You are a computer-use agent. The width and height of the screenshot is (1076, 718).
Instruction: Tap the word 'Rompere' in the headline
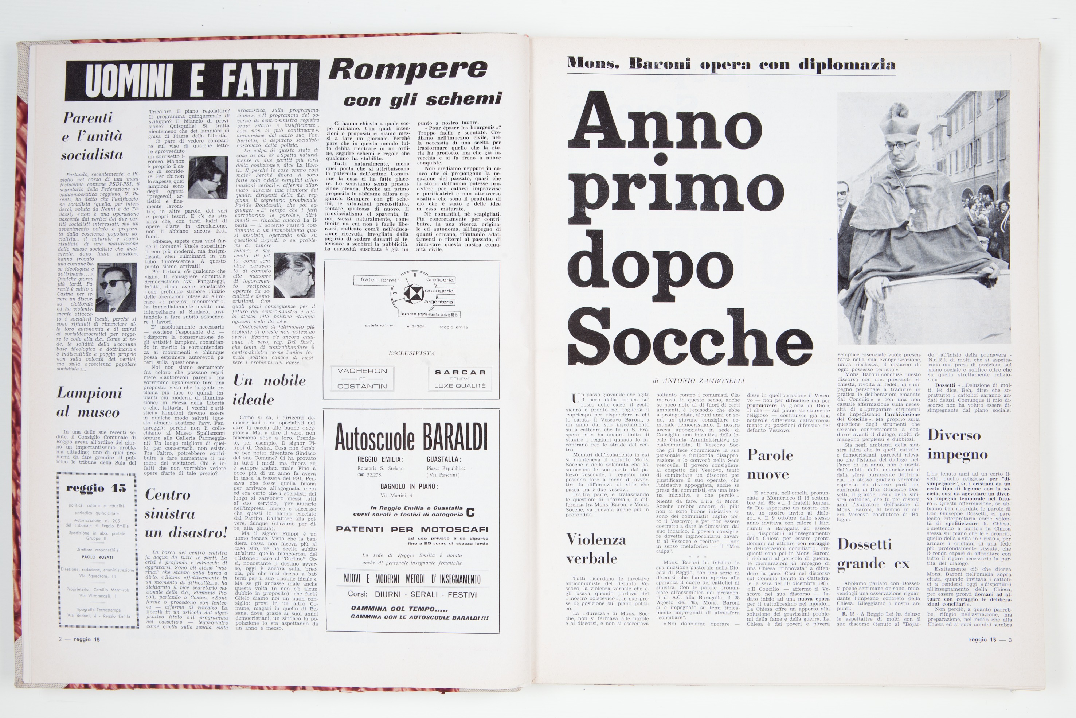(x=408, y=70)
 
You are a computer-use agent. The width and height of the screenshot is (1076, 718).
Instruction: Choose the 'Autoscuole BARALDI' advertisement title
(x=411, y=437)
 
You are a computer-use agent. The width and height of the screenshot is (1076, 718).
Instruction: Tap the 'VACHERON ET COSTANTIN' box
(x=362, y=378)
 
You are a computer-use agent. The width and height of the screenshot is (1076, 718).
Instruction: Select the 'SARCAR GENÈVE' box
(x=460, y=378)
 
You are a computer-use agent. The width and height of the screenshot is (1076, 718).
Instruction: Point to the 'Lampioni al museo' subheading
(x=89, y=403)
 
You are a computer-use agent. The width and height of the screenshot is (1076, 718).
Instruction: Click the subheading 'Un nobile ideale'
(x=269, y=390)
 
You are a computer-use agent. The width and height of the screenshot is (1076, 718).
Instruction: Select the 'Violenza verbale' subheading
(x=596, y=548)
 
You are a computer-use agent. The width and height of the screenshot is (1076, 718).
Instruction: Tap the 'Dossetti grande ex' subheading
(x=873, y=554)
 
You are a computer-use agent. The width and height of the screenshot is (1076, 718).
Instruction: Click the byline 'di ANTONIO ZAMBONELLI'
(x=699, y=381)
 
